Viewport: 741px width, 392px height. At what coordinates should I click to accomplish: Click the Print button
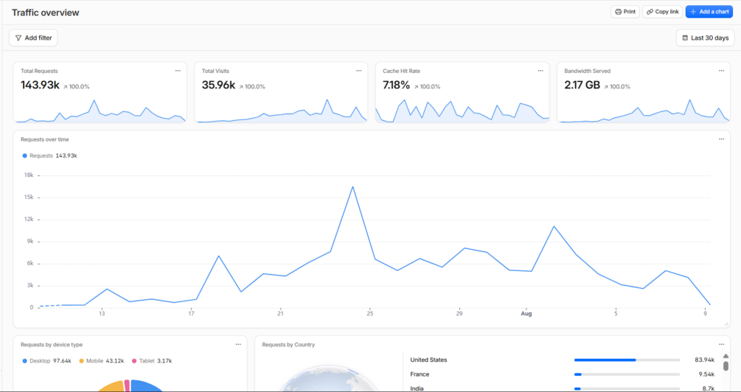[x=625, y=12]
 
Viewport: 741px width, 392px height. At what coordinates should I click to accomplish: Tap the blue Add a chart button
[x=709, y=12]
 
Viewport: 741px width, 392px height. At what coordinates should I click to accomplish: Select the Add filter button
[x=33, y=38]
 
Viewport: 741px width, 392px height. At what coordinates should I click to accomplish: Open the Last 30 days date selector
[x=705, y=38]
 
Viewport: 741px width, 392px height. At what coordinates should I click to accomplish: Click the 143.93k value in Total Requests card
[x=40, y=85]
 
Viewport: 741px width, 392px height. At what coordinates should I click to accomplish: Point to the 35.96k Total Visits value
[x=218, y=85]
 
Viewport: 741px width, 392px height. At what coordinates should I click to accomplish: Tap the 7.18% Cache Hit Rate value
[x=396, y=85]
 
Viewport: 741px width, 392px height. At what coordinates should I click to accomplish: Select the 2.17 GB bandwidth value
[x=582, y=85]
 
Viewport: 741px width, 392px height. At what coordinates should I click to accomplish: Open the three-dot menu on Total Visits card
[x=358, y=71]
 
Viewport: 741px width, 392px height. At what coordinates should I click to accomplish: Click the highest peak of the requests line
[x=352, y=186]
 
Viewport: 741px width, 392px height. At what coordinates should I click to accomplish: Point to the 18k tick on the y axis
[x=28, y=175]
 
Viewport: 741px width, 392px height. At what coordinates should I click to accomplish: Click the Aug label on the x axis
[x=526, y=314]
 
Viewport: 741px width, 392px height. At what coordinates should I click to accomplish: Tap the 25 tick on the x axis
[x=370, y=314]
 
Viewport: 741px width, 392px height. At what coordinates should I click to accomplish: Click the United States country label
[x=428, y=360]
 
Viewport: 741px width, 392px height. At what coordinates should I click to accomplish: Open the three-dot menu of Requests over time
[x=721, y=139]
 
